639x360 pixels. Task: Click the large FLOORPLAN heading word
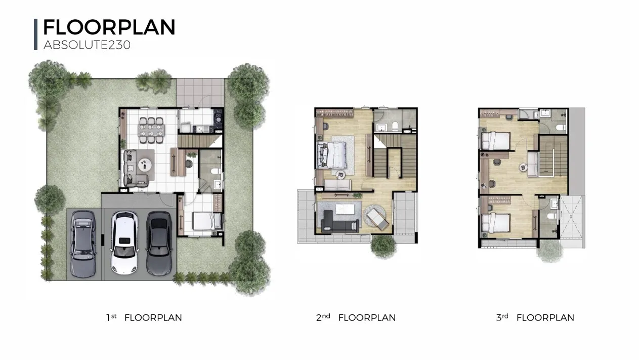click(109, 27)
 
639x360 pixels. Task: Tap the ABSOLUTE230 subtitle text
click(87, 45)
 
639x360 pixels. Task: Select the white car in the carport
click(124, 243)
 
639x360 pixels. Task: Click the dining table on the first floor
click(151, 130)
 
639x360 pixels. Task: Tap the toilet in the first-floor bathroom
click(216, 171)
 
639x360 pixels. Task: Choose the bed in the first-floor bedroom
click(207, 221)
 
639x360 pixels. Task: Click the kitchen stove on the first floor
click(219, 117)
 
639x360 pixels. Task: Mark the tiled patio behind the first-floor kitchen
click(200, 92)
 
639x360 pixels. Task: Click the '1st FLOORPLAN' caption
click(144, 317)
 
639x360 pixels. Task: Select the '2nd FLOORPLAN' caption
click(356, 317)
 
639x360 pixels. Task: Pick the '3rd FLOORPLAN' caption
click(535, 317)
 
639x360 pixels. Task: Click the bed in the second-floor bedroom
click(332, 155)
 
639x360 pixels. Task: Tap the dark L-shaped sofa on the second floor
click(339, 222)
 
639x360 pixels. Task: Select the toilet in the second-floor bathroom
click(395, 127)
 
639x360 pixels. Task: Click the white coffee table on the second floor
click(345, 209)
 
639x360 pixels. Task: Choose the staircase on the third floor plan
click(553, 156)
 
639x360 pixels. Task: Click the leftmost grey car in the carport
click(83, 244)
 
